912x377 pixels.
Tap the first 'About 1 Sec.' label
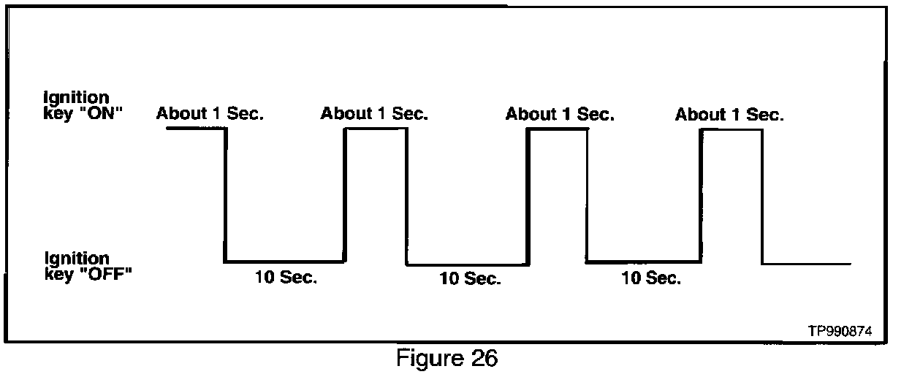click(210, 114)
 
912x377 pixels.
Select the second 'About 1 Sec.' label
click(374, 114)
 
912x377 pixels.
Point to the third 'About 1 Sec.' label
click(560, 114)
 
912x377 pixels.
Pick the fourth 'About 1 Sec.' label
click(729, 115)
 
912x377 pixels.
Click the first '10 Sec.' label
click(286, 278)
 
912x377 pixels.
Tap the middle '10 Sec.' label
click(470, 279)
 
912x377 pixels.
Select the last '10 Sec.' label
click(650, 278)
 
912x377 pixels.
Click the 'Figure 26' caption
click(447, 359)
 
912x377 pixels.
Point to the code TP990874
click(840, 330)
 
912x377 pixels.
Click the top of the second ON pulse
click(376, 129)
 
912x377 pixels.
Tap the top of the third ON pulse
click(557, 129)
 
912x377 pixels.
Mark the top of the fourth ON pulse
click(731, 129)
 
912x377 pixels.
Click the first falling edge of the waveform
click(225, 194)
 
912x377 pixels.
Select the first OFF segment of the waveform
click(285, 261)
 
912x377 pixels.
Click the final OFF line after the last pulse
click(807, 264)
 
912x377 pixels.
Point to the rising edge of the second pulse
click(346, 194)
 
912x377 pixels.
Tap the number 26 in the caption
click(484, 359)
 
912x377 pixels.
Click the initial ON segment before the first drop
click(196, 129)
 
